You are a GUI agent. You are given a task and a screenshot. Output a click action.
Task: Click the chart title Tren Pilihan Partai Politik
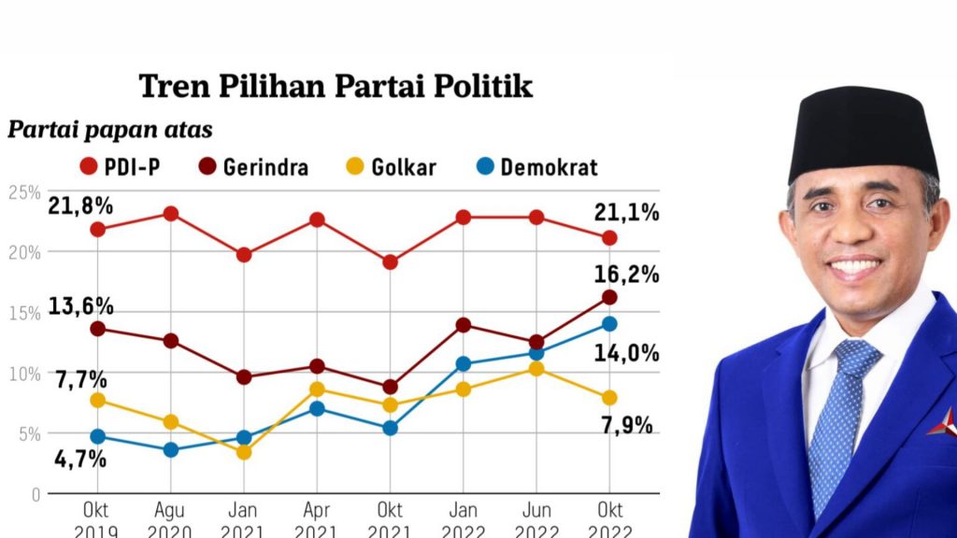point(336,86)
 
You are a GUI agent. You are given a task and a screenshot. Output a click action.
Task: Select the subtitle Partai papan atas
point(110,130)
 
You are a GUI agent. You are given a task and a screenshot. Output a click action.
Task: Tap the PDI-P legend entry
point(121,166)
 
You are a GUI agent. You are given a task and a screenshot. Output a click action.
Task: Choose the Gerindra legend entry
point(254,166)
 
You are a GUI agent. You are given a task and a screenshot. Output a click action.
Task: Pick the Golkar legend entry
point(392,166)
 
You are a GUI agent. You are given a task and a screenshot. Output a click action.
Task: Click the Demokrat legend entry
point(537,166)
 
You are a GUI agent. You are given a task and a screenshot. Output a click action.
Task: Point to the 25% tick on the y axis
point(24,192)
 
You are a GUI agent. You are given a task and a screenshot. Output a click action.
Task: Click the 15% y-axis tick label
point(24,314)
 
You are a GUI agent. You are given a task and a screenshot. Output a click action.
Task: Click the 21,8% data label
point(80,206)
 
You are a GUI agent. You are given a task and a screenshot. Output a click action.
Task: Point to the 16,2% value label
point(627,276)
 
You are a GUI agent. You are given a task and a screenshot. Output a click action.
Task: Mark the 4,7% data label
point(80,459)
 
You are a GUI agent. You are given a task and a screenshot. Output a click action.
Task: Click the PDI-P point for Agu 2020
point(171,214)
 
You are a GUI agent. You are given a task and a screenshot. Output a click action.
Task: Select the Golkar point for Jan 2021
point(244,452)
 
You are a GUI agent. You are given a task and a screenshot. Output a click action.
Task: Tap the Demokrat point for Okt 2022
point(609,324)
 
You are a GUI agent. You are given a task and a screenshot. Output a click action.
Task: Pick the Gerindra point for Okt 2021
point(391,387)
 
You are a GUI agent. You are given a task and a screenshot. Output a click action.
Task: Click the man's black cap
point(863,131)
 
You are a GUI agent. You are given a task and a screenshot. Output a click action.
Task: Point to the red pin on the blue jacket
point(942,422)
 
